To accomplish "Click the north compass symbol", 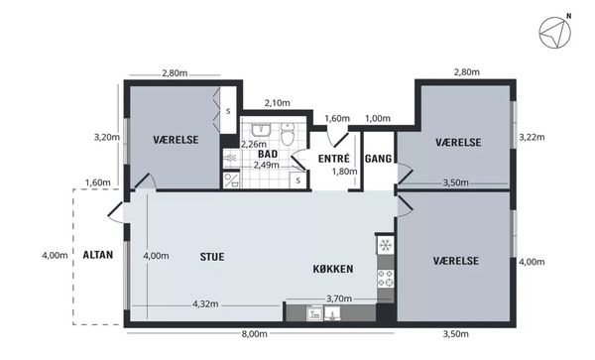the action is (555, 33).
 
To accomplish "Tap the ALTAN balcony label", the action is (98, 255).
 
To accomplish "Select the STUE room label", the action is (212, 257).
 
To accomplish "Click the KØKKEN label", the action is (333, 269).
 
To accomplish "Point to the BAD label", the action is (268, 154).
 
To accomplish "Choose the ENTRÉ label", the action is (334, 159).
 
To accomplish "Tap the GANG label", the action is (379, 159).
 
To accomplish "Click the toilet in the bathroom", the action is (288, 134).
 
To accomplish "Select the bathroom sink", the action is (261, 130).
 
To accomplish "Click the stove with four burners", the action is (386, 279).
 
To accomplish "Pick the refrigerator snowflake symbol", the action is (386, 245).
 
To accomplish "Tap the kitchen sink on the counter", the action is (323, 313).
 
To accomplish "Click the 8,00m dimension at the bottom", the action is (255, 334).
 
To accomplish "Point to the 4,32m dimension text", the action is (205, 303).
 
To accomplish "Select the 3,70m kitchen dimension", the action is (339, 299).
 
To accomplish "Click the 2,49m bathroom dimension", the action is (267, 165).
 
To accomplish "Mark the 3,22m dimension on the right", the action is (532, 137).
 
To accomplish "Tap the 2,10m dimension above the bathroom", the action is (277, 103).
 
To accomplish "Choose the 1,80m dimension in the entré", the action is (344, 172).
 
